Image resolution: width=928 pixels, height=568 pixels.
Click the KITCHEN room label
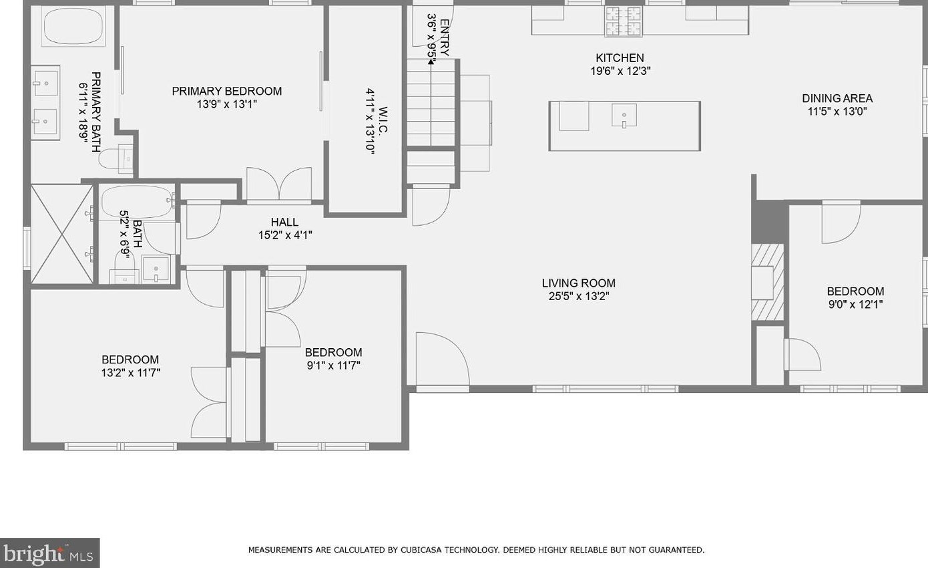(x=620, y=58)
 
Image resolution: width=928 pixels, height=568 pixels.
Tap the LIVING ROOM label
(x=578, y=283)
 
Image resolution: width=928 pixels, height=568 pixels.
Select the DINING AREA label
(x=837, y=99)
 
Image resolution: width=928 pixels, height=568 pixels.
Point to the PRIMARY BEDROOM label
(x=226, y=91)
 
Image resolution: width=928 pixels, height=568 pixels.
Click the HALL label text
(x=284, y=223)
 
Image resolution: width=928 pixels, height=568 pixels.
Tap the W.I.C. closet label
(x=382, y=121)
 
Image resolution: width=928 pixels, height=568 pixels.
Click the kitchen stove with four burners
(x=624, y=22)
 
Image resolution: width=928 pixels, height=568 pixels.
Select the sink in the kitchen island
(x=624, y=116)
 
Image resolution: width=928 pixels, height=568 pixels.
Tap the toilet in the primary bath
(x=116, y=159)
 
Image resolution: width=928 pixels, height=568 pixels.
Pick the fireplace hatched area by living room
(x=768, y=282)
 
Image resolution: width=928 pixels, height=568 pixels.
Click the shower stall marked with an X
(x=61, y=234)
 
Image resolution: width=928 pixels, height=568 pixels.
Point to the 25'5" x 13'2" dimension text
(x=578, y=297)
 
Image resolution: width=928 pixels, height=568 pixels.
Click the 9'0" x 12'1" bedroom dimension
(x=855, y=305)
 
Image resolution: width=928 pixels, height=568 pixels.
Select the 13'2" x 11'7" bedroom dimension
(x=130, y=373)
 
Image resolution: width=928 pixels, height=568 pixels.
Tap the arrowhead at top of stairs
(x=431, y=61)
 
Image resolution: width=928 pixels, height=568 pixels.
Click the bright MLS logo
(x=49, y=553)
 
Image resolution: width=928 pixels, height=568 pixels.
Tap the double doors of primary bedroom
(x=279, y=184)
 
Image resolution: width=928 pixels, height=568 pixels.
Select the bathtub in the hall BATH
(x=138, y=202)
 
